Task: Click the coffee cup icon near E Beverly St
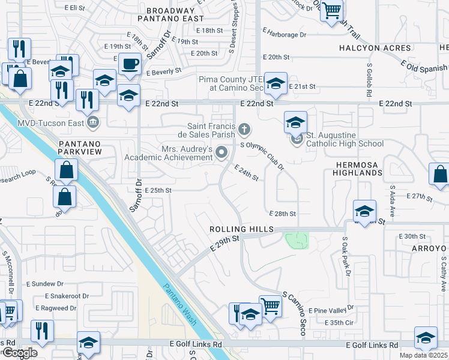tap(130, 64)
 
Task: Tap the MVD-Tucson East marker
tap(92, 123)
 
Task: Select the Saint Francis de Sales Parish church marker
tap(244, 128)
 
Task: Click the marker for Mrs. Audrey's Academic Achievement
tap(221, 153)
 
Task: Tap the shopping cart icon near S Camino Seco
tap(270, 307)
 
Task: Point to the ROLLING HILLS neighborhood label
tap(241, 230)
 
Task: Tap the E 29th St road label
tap(225, 243)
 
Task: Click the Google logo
tap(19, 353)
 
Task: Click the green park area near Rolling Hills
tap(297, 240)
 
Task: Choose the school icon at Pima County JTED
tap(276, 83)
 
